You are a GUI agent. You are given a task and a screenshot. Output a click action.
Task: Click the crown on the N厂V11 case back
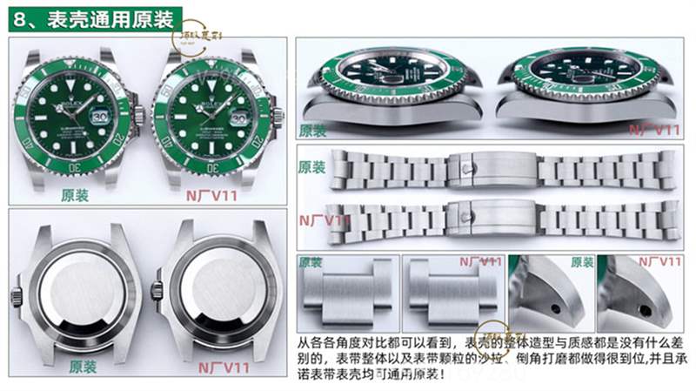click(x=157, y=291)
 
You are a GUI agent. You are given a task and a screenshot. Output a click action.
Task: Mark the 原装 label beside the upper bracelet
click(x=311, y=167)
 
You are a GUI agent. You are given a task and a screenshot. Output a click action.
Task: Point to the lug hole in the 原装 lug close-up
click(x=554, y=308)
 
